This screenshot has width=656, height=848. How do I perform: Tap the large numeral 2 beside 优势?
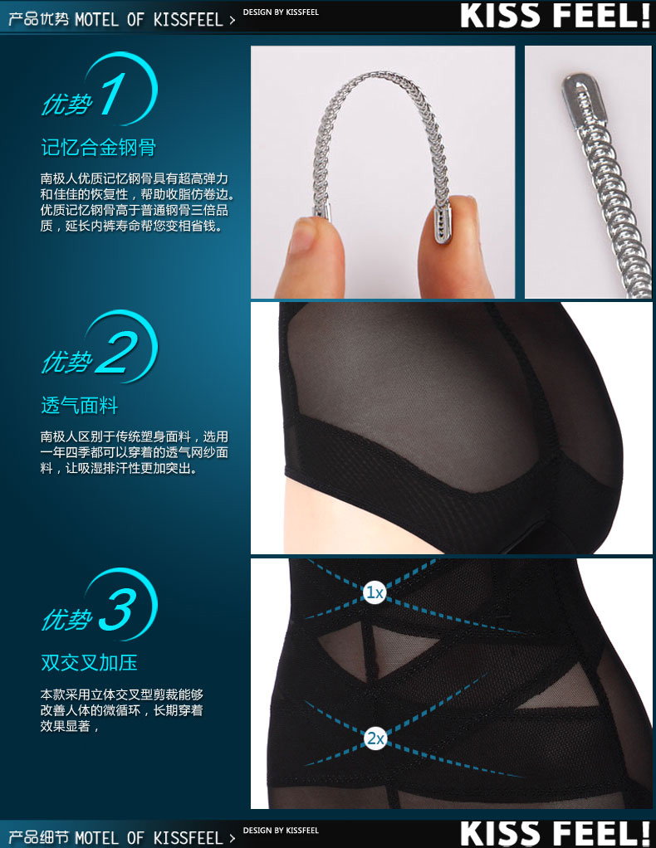[117, 352]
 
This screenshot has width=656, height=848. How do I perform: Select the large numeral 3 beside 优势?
[117, 610]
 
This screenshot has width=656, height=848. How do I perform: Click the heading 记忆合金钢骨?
[99, 147]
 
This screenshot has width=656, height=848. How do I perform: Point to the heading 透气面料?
[80, 405]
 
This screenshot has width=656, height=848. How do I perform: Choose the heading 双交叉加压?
[90, 662]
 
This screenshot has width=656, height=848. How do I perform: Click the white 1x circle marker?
[375, 592]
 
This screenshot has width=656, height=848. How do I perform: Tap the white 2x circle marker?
[375, 738]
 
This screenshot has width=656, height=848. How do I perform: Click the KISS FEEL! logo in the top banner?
[555, 16]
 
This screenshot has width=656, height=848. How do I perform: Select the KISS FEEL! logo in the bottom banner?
[555, 833]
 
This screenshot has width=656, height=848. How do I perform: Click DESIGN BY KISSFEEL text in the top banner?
[281, 12]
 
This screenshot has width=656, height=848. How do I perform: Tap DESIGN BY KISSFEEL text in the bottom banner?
[281, 830]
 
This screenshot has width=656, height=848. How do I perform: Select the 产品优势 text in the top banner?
[39, 19]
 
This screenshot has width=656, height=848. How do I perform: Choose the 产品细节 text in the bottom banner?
[39, 838]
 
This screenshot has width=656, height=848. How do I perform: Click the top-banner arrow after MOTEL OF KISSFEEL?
[233, 21]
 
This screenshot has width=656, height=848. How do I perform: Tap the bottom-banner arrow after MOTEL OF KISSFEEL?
[233, 839]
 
